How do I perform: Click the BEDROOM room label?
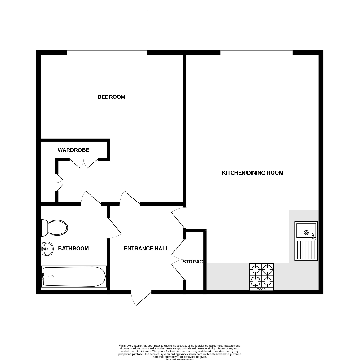111,97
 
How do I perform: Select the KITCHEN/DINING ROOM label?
253,173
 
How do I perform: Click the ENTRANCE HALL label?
146,248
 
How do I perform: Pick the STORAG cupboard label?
193,261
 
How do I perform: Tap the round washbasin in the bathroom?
46,248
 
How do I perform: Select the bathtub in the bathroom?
74,277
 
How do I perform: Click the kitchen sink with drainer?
306,241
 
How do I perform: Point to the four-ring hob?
262,276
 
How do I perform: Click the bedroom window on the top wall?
107,53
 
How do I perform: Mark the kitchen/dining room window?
256,53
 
